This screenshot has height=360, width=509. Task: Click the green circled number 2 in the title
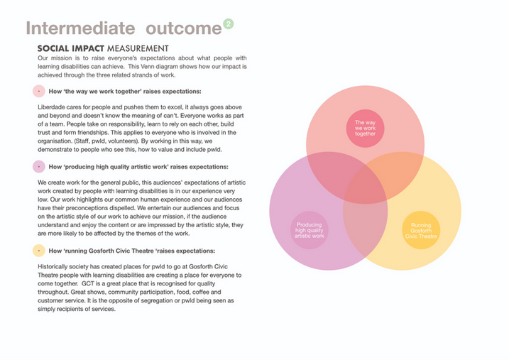tap(228, 23)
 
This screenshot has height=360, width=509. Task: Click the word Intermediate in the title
tap(80, 28)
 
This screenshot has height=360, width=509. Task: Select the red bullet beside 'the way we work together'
tap(38, 91)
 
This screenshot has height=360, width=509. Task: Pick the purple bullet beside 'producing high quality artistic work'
tap(38, 167)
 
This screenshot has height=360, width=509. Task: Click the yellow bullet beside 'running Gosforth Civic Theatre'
tap(38, 251)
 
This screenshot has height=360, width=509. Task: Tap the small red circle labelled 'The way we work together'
tap(365, 129)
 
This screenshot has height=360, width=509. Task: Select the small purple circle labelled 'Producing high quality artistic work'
tap(310, 229)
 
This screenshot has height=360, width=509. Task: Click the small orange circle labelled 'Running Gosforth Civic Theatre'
tap(421, 230)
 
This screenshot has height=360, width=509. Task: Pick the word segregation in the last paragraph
tap(153, 300)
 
